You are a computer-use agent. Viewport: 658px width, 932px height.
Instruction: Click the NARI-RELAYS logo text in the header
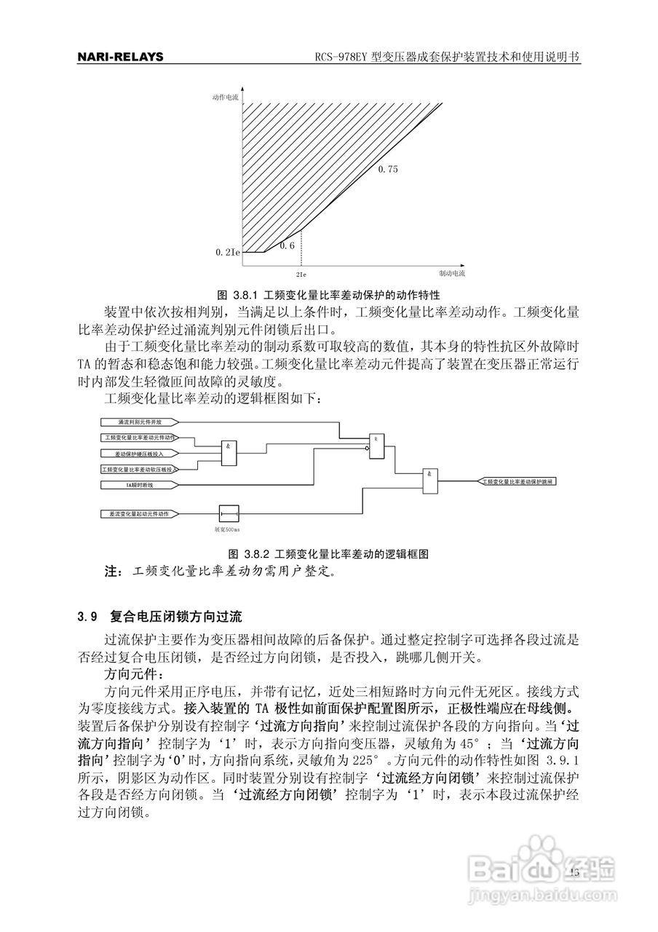[120, 57]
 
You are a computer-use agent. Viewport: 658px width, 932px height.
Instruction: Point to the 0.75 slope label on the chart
[388, 169]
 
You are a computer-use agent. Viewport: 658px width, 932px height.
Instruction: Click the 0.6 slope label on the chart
[287, 245]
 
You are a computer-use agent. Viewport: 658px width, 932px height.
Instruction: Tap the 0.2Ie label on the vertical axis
[226, 252]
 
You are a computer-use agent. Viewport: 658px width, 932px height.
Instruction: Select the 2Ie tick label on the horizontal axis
[301, 275]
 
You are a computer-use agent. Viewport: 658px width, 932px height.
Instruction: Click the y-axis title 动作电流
[226, 97]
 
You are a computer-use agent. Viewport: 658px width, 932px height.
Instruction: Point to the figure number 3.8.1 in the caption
[245, 296]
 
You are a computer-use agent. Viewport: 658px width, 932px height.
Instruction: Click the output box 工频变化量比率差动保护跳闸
[518, 481]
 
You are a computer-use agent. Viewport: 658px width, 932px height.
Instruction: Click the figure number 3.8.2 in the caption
[255, 553]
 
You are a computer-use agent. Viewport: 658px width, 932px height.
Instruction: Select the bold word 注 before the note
[114, 572]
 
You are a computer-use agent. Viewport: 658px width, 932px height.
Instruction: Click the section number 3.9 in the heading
[87, 617]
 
